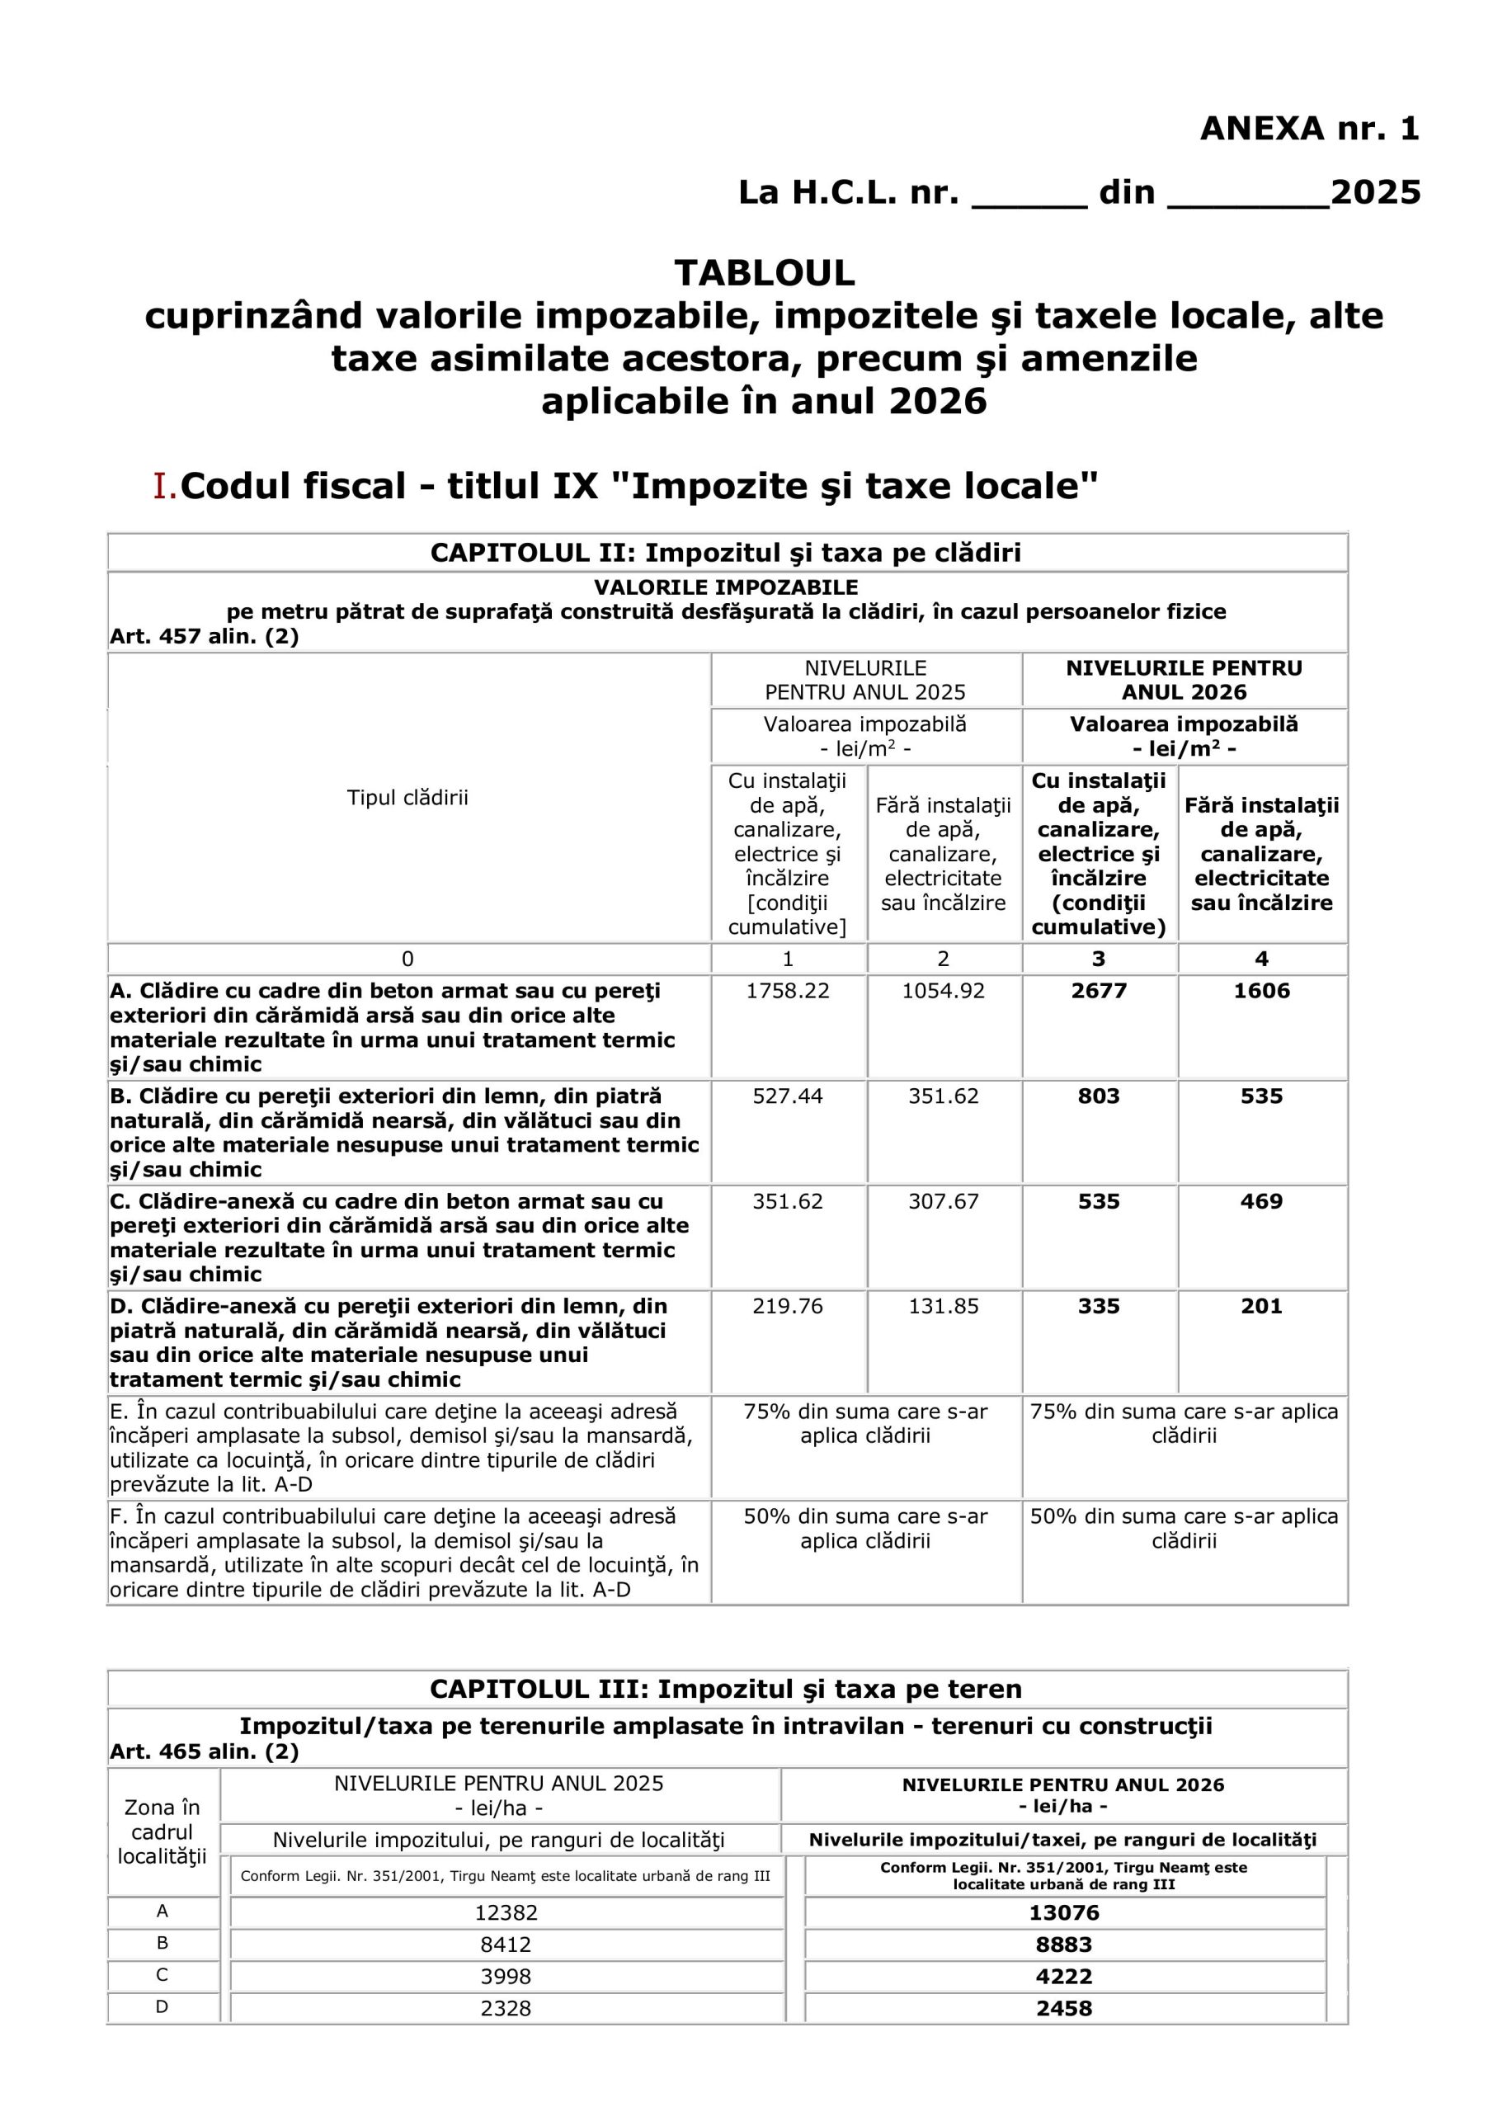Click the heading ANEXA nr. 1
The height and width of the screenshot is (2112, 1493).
click(x=1309, y=129)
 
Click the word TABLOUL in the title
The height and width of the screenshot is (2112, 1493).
click(x=765, y=273)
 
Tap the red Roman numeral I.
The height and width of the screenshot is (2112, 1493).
click(x=164, y=487)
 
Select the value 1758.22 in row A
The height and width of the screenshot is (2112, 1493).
click(x=788, y=991)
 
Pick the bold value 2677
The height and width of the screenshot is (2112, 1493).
click(x=1099, y=991)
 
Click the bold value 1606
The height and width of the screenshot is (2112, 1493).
click(x=1261, y=991)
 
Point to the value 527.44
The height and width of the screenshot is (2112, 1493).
click(x=788, y=1096)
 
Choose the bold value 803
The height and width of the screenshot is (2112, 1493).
click(x=1099, y=1096)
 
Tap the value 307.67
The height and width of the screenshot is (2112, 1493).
click(x=943, y=1200)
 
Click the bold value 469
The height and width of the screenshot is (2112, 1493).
click(x=1261, y=1200)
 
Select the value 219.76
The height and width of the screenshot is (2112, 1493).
click(x=788, y=1305)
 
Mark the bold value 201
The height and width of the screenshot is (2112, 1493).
click(x=1261, y=1305)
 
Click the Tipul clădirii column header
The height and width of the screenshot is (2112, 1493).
click(x=407, y=798)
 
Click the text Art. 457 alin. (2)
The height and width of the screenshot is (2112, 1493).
click(x=205, y=637)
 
